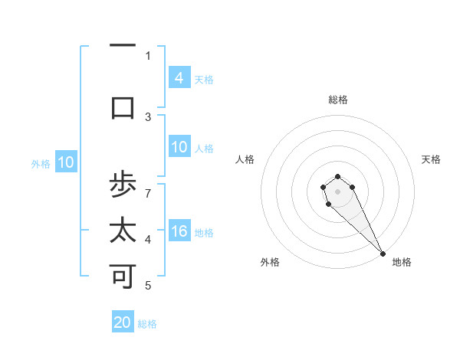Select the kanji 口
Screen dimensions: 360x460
point(123,108)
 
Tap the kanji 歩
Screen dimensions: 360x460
point(123,185)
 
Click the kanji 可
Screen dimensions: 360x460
point(123,277)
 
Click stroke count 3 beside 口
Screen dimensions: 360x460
point(148,116)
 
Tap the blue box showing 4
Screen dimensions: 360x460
point(179,77)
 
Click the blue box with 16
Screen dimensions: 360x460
point(179,231)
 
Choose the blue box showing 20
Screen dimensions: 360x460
point(123,322)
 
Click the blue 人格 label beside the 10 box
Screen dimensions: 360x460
point(204,149)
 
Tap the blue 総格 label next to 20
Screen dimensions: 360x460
point(147,324)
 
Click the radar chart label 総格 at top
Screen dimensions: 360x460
point(338,100)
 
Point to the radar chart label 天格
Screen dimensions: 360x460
point(431,159)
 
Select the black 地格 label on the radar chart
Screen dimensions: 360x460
point(402,262)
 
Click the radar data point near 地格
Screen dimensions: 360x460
point(383,254)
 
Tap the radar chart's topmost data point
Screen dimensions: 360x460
point(337,177)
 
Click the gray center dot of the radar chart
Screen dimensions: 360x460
point(337,191)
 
